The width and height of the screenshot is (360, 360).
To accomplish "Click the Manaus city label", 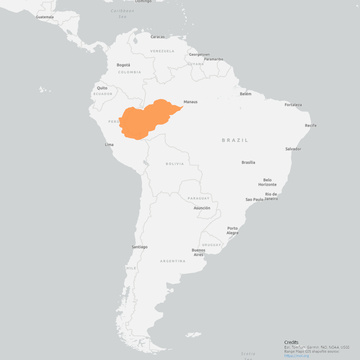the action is pos(190,102).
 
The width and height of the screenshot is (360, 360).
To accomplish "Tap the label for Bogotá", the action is pos(123,65).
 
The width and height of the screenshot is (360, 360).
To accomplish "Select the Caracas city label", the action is pos(157,37).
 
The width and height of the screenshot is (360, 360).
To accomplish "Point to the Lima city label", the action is pos(109,144).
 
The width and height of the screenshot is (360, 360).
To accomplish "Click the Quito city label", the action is pos(102,88).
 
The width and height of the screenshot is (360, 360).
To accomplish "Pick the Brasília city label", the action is pos(248,162).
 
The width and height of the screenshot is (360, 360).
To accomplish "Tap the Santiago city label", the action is pos(139,247).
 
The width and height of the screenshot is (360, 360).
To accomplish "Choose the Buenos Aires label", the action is pos(198,252).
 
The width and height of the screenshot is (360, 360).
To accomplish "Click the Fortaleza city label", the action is pos(293,105).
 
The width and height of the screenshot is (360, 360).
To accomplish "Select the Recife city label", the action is pos(311,125).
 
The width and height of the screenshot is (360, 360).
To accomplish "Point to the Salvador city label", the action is pos(293,149).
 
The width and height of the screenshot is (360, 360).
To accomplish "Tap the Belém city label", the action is pos(245,94).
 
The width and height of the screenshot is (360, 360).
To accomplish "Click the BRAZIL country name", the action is pos(235,140).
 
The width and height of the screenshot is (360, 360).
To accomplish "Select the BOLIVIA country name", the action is pos(175,164).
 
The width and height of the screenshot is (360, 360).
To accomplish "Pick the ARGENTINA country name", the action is pos(172,261).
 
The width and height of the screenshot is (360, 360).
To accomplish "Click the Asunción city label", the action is pos(202,208).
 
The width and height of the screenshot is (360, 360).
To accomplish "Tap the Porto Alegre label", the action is pos(232,230).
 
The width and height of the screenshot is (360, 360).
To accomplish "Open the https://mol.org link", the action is pos(296,356).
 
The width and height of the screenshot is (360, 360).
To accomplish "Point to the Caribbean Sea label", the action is pos(122,13).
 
